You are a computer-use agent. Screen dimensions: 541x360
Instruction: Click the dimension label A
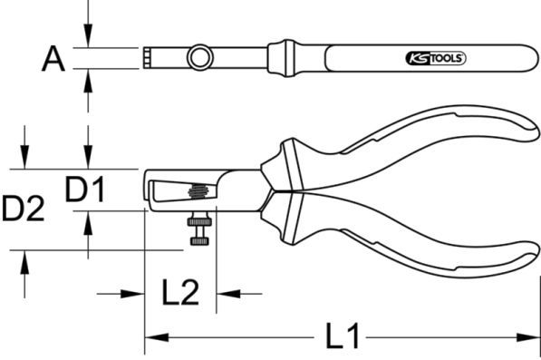53,59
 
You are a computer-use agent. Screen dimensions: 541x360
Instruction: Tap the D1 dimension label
85,190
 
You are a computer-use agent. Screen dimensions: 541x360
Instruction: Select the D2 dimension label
23,209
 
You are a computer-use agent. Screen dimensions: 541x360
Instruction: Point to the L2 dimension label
180,292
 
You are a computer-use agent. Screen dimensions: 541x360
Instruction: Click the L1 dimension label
343,336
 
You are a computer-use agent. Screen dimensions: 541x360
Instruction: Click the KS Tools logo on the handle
435,58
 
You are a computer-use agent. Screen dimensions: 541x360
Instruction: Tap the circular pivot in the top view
199,57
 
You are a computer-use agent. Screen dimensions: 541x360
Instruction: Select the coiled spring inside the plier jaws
198,191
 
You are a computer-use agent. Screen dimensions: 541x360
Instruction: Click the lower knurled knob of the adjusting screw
199,241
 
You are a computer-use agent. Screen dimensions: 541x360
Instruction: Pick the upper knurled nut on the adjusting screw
199,221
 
